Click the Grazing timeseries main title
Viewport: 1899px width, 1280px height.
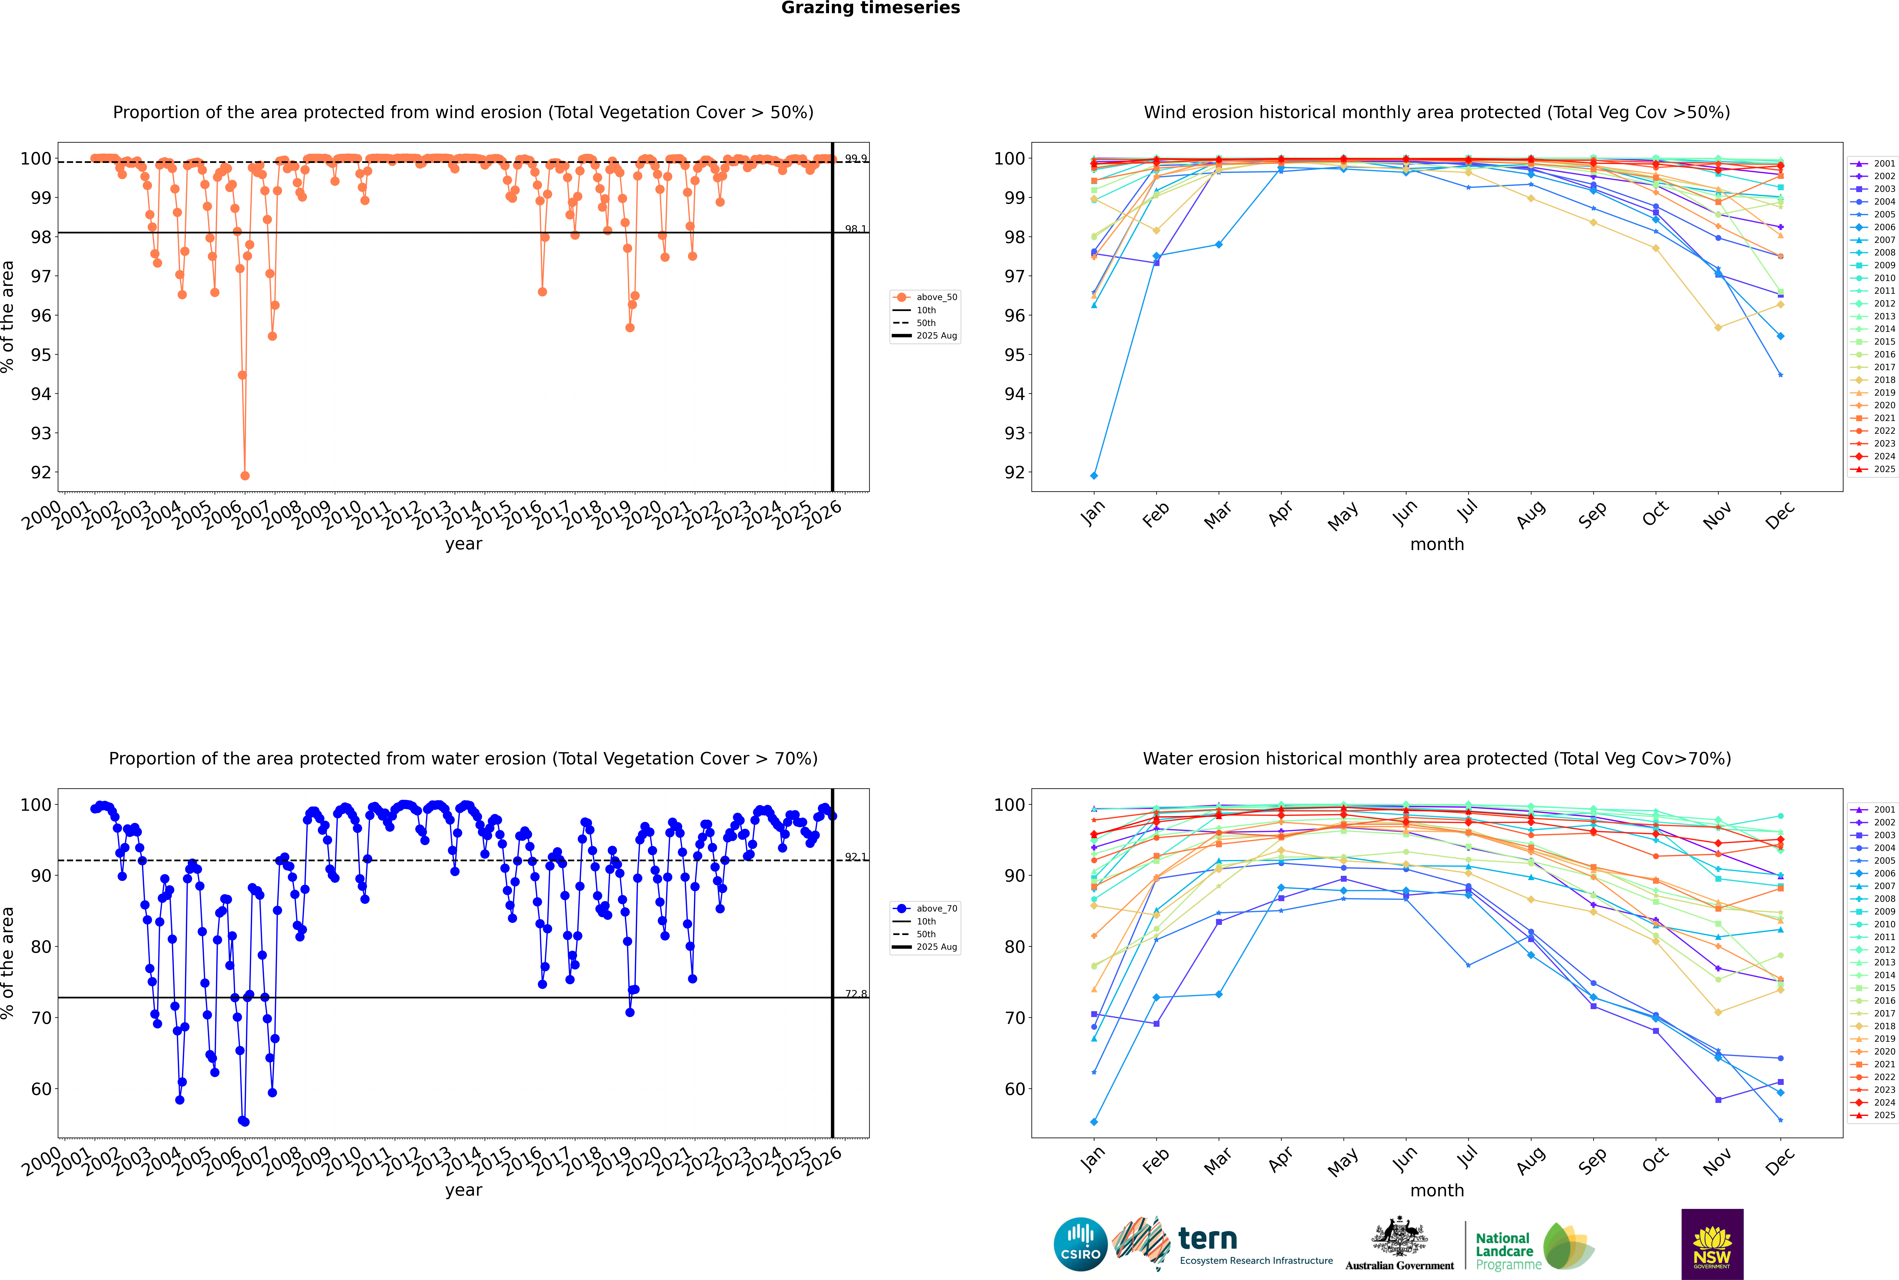(870, 8)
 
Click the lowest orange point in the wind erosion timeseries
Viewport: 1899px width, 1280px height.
(245, 476)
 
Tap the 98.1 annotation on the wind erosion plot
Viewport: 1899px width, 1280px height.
(856, 229)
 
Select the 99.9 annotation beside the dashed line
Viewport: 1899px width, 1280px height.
(856, 158)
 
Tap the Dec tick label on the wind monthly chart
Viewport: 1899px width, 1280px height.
(1780, 515)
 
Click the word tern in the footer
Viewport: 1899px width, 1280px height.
(1208, 1239)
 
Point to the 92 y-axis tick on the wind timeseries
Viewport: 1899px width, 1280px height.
(41, 473)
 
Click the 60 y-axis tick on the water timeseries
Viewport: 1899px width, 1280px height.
(41, 1089)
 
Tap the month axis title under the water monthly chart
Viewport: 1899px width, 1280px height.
(1437, 1190)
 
